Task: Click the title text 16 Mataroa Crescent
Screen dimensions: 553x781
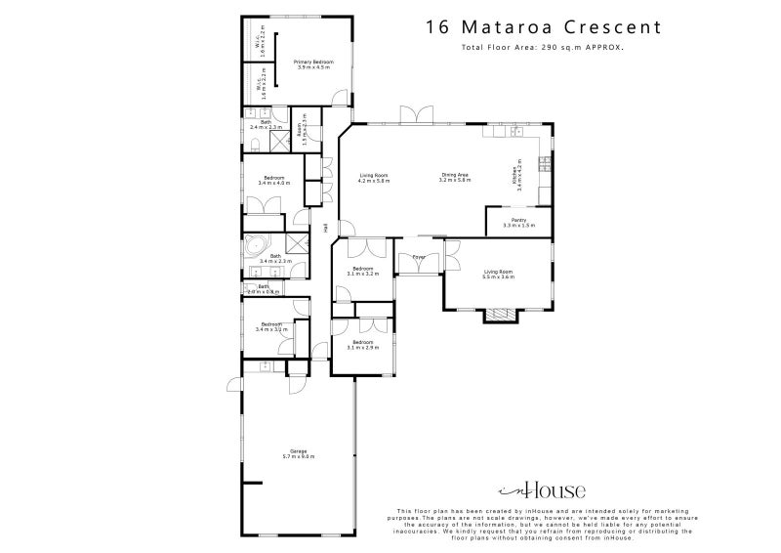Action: [544, 26]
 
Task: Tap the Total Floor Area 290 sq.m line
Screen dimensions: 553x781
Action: [544, 47]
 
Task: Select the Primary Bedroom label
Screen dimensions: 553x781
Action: [314, 64]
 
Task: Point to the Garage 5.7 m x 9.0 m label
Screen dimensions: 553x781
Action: [299, 453]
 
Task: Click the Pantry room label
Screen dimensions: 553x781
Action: [514, 223]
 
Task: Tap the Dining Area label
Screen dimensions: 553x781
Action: [455, 177]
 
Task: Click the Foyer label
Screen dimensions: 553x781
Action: [418, 258]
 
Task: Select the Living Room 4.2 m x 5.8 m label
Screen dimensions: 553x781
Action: [374, 177]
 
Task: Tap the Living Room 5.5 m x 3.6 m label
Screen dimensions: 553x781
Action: [498, 275]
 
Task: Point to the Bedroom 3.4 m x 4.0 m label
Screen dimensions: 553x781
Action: [274, 180]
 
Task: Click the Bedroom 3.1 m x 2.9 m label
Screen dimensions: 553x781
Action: [362, 345]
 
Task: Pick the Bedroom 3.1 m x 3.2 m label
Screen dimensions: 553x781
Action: [362, 271]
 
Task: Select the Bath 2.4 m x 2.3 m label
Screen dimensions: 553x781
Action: [266, 125]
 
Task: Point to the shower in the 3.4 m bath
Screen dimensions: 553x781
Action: [296, 244]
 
